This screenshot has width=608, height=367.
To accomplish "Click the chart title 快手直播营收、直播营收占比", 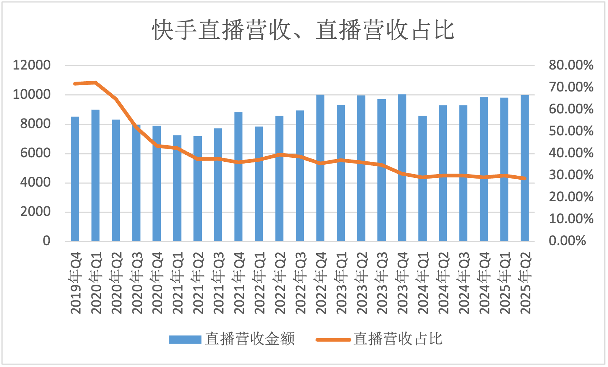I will tap(303, 30).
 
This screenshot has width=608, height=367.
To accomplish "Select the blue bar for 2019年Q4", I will tap(75, 179).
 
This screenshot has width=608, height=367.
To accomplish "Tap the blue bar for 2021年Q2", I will tap(198, 189).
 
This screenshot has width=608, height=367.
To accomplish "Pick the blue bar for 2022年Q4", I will tap(320, 168).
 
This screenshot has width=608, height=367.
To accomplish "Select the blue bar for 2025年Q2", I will tap(525, 168).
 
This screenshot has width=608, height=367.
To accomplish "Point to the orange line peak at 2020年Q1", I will tap(95, 82).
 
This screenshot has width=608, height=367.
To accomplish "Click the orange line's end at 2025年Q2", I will tap(525, 179).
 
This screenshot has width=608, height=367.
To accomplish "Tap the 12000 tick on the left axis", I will tap(32, 65).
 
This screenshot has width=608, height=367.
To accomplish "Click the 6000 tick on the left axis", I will tap(35, 153).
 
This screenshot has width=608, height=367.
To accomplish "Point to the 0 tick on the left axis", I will tap(46, 241).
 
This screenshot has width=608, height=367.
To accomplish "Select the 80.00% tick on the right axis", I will tap(571, 65).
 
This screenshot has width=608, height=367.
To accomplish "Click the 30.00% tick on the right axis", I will tap(571, 175).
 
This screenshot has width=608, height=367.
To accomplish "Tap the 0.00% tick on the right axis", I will tap(567, 241).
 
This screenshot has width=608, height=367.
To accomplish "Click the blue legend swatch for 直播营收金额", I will tap(185, 340).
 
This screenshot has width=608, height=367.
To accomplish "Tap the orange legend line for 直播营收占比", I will tap(333, 340).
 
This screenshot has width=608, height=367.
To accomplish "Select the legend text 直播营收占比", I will tap(398, 339).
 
